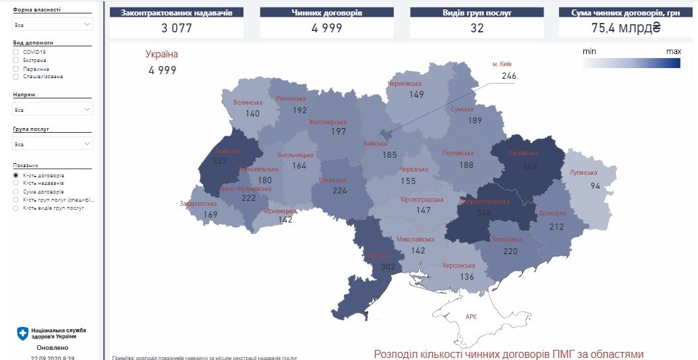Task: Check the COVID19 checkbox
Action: tap(16, 52)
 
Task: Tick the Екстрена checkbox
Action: tap(16, 60)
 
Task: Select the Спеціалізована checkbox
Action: tap(16, 76)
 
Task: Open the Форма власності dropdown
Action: tap(53, 24)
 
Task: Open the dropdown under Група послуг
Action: tap(53, 144)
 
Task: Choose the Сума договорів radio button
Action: tap(16, 191)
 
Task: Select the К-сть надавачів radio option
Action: tap(16, 183)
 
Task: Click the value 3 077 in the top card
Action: tap(177, 28)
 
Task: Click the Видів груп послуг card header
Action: tap(476, 12)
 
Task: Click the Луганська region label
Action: tap(584, 173)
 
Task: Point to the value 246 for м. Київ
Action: tap(508, 76)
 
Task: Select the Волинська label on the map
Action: tap(248, 103)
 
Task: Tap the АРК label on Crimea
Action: tap(471, 316)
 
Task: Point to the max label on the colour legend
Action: tap(673, 51)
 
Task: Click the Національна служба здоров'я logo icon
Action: tap(23, 333)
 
